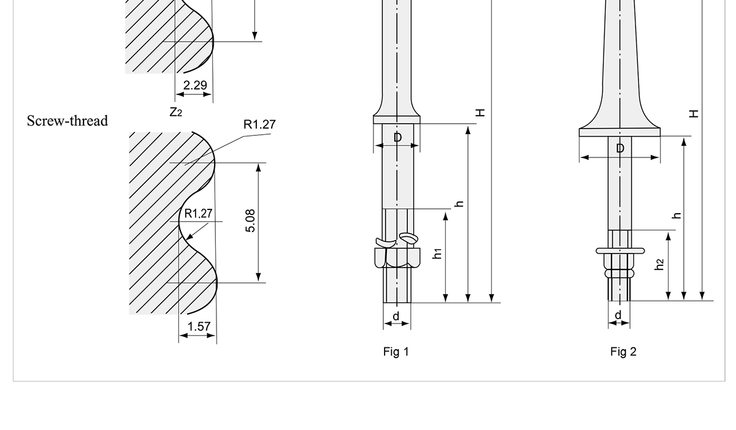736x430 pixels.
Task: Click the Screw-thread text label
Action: [x=67, y=121]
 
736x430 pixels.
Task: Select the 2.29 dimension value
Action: [x=195, y=85]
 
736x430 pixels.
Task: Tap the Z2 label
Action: [x=176, y=112]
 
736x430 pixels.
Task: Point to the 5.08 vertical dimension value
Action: [x=250, y=221]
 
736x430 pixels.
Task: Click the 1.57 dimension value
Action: [x=199, y=326]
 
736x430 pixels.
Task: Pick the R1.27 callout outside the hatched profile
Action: [x=259, y=125]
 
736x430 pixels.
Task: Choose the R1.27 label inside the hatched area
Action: [x=198, y=214]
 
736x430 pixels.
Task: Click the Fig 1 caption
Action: [x=396, y=352]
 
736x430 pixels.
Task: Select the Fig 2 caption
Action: [x=623, y=352]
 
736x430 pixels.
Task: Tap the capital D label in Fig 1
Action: [x=397, y=138]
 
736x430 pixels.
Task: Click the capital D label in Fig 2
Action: [x=620, y=149]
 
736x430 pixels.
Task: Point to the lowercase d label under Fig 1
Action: [x=396, y=316]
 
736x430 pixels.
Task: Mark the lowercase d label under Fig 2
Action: [x=618, y=315]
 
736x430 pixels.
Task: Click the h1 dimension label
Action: [x=437, y=254]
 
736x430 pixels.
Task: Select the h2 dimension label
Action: [x=659, y=264]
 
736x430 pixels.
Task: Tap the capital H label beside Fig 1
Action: [x=480, y=113]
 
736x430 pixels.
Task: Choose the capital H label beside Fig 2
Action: [x=693, y=113]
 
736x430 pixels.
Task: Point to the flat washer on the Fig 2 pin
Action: [x=619, y=250]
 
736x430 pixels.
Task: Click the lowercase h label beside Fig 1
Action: [x=459, y=204]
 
